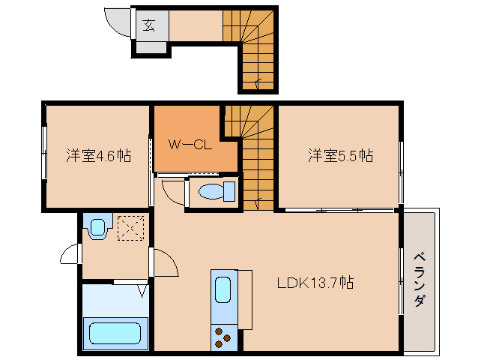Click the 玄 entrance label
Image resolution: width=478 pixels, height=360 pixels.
pos(149,25)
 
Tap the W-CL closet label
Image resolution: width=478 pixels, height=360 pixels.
pos(190,144)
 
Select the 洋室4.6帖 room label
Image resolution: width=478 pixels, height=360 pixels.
pos(99,155)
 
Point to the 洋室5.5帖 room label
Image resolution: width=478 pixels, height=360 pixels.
pos(340,155)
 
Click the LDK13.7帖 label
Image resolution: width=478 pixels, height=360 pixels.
pos(315,283)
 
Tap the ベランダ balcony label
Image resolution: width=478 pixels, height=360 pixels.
pos(419,279)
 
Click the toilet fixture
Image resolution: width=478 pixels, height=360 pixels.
pos(217,191)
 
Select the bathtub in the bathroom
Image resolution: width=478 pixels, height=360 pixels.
pos(115,334)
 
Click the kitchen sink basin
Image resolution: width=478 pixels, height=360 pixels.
pos(223,289)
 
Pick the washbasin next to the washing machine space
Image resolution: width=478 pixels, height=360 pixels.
pos(97,226)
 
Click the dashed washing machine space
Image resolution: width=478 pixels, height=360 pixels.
pos(131,228)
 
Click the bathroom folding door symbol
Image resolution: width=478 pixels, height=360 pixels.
pos(142,291)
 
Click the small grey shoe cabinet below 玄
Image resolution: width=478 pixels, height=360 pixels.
pos(151,47)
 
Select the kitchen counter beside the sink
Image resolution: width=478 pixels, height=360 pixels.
pos(245,299)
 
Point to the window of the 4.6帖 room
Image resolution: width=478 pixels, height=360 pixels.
pos(44,152)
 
